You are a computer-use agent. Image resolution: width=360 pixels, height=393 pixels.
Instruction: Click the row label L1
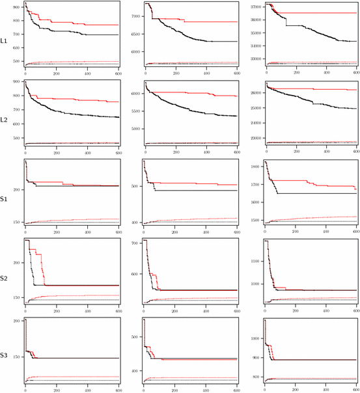(4, 41)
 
